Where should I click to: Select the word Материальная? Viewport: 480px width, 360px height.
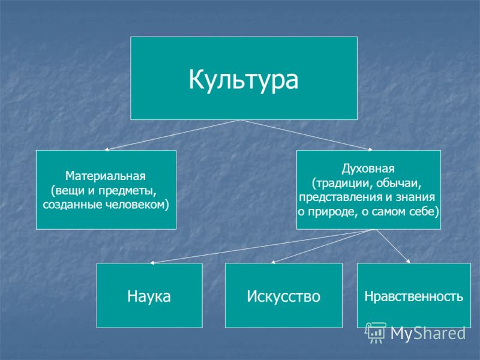pos(106,176)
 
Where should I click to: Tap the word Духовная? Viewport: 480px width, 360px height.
pos(368,169)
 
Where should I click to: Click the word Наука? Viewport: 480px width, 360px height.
pos(149,296)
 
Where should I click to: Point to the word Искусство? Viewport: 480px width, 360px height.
pos(283,296)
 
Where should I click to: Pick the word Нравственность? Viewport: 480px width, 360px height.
pos(413,296)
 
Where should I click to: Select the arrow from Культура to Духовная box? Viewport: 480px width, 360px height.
pos(306,135)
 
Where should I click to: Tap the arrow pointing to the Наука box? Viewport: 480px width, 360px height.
pos(260,247)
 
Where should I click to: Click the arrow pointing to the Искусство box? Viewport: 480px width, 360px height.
pos(321,247)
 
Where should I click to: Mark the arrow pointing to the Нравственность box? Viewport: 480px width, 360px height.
pos(393,246)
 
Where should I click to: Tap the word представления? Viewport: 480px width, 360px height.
pos(340,197)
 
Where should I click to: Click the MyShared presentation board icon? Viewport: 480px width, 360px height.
pos(376,333)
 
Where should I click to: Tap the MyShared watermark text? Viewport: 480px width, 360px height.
pos(428,333)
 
